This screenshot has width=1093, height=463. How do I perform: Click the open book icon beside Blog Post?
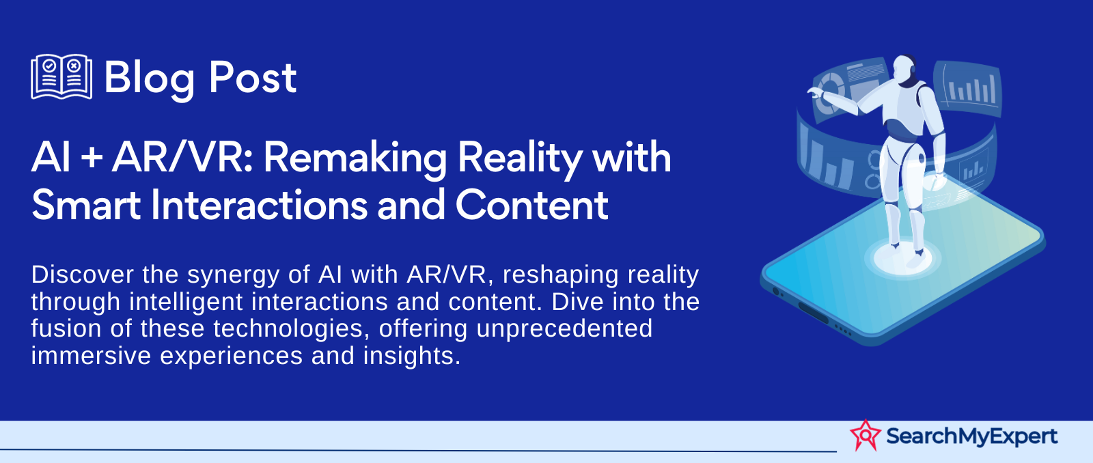click(x=61, y=76)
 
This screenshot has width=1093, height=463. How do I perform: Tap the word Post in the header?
click(x=252, y=78)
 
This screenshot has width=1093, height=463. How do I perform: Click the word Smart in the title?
click(x=86, y=206)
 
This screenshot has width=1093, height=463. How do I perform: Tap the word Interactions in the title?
click(x=259, y=205)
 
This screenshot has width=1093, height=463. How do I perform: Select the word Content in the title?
click(x=532, y=205)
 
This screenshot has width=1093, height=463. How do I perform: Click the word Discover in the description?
click(x=83, y=275)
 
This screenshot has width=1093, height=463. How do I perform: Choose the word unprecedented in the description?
click(x=564, y=329)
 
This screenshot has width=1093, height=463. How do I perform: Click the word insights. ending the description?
click(x=412, y=356)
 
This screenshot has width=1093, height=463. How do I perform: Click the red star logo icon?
click(x=865, y=435)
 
